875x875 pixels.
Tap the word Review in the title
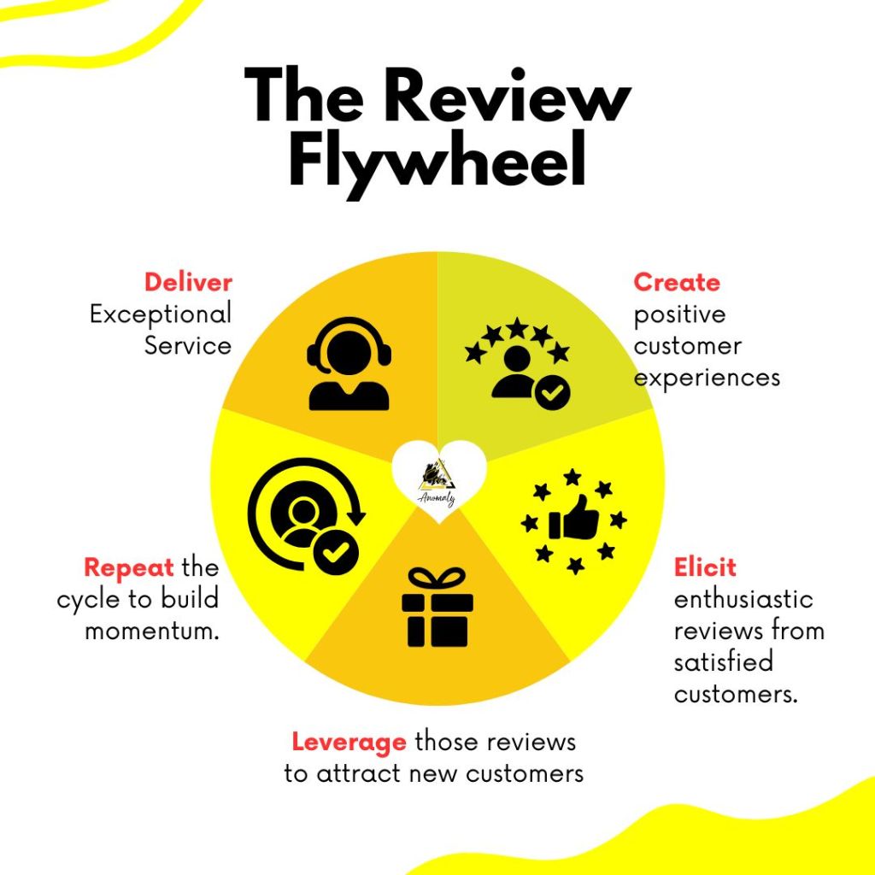512,95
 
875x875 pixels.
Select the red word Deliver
188,283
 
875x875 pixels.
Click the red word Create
677,283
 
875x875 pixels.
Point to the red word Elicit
705,567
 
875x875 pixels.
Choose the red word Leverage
349,742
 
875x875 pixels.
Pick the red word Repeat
129,567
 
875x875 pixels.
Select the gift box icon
437,607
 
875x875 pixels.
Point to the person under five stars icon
518,364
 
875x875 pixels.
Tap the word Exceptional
161,314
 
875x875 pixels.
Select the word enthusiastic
743,599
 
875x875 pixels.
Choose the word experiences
707,378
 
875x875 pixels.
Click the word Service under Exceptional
188,346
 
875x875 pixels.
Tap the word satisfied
712,662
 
